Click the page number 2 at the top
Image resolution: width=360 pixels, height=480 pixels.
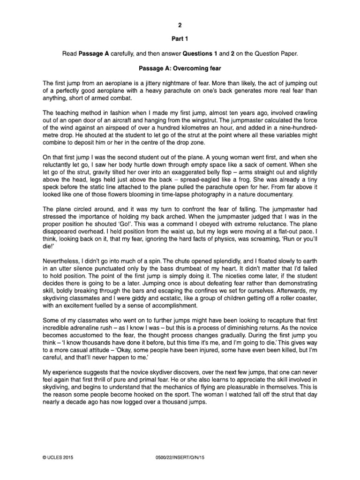tap(180, 27)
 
